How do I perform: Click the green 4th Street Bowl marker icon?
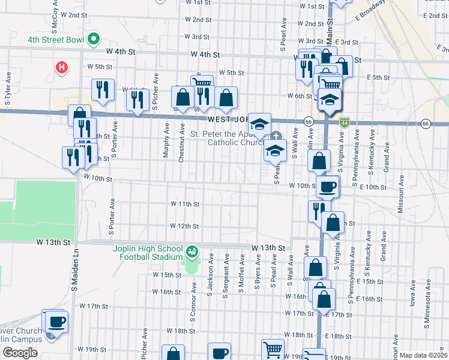(93, 40)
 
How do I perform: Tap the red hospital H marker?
(61, 67)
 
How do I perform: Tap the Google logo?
(20, 353)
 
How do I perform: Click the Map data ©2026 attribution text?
(423, 355)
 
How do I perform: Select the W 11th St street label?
(184, 204)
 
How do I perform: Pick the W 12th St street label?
(184, 226)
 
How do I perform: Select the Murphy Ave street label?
(166, 142)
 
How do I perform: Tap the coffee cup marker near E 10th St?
(328, 187)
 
